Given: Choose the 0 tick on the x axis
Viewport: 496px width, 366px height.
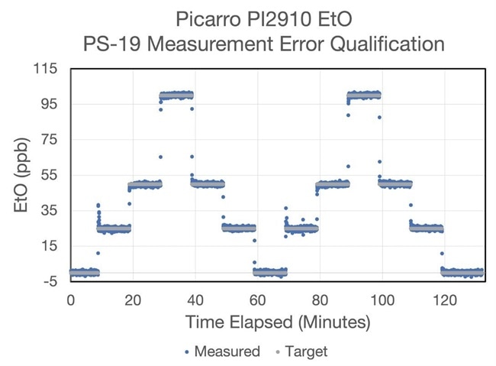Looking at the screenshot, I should (x=71, y=300).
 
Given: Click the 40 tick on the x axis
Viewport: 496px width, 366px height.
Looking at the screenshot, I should (x=195, y=300).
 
